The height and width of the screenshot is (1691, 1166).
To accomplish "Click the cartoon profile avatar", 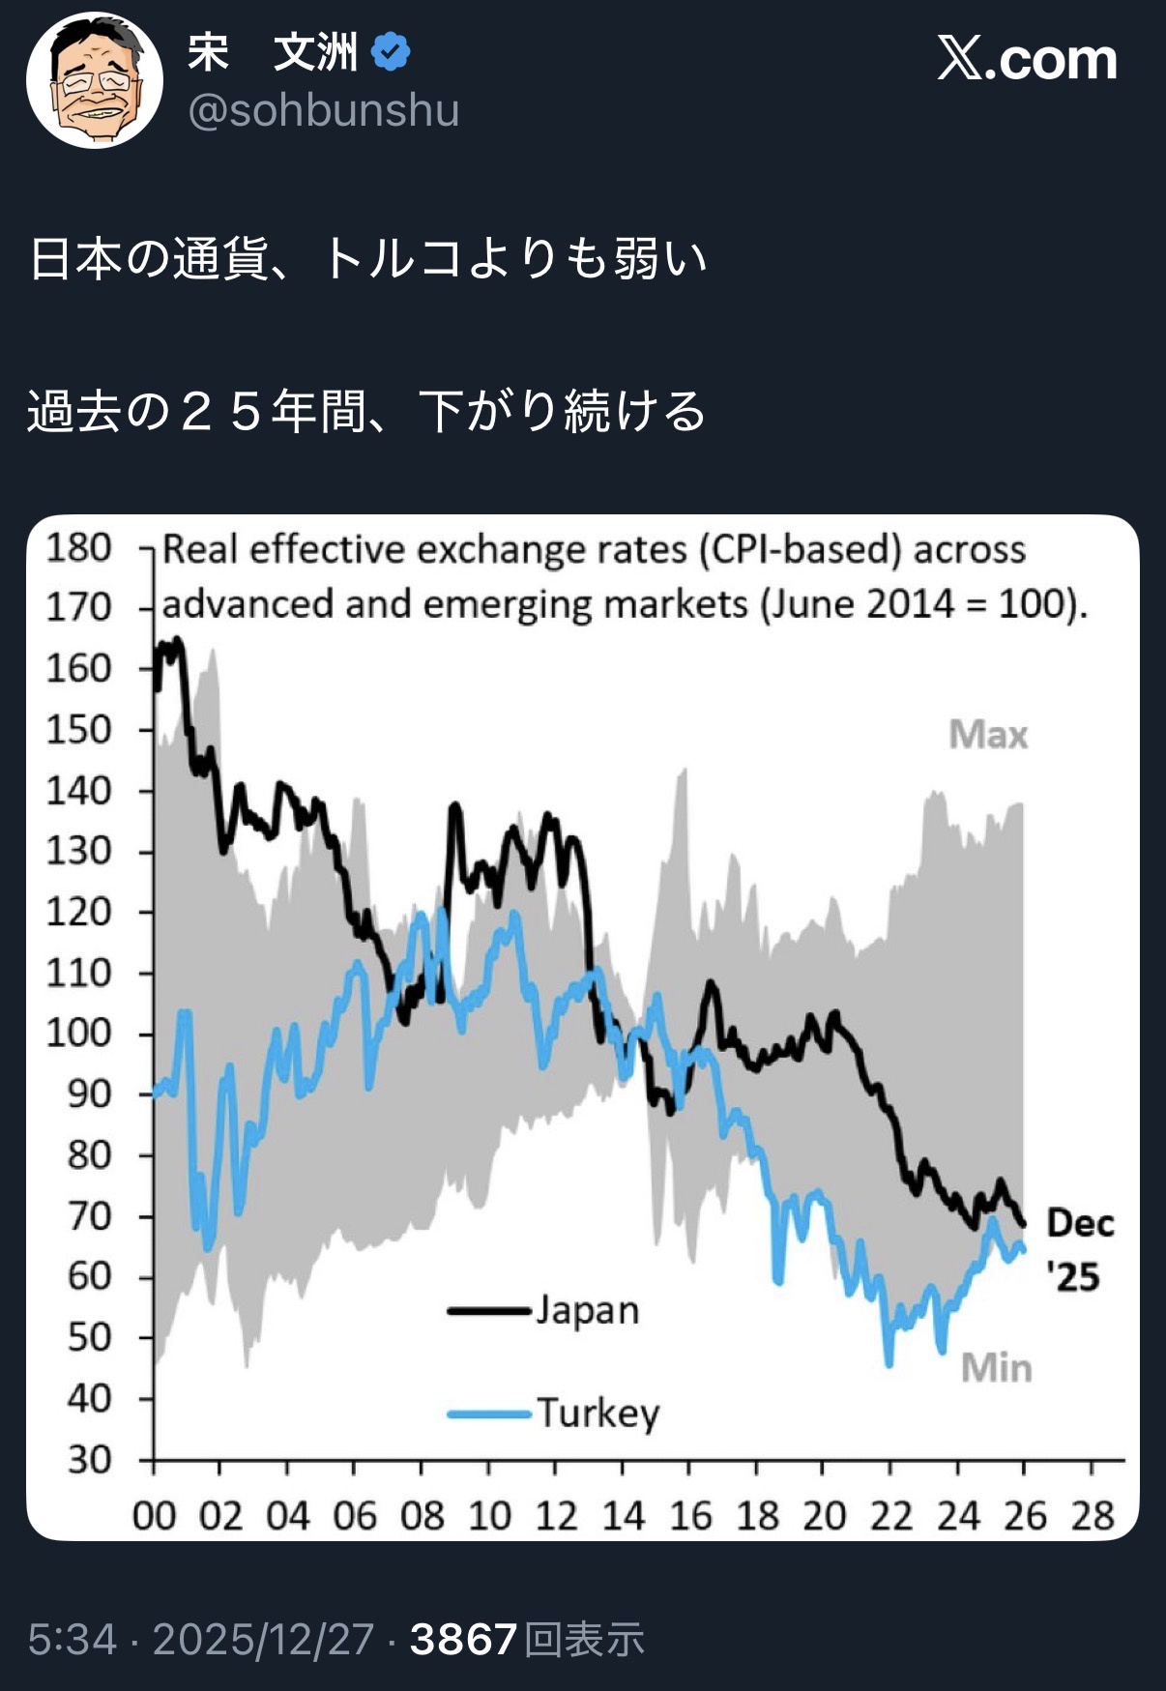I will tap(94, 80).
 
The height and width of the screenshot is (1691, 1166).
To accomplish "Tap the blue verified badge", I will tap(391, 51).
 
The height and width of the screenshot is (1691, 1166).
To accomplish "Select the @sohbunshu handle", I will tap(324, 110).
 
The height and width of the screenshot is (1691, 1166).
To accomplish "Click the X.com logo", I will tap(1027, 59).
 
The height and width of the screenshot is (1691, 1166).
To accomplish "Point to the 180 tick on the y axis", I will tap(79, 548).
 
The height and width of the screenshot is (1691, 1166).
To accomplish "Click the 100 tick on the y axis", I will tap(79, 1034).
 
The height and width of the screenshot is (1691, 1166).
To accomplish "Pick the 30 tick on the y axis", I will tap(90, 1459).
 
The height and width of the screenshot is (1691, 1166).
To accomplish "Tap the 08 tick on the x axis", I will tap(423, 1516).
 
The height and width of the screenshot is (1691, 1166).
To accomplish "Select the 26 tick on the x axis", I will tap(1025, 1516).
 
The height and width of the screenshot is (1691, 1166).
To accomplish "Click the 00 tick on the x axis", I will tap(155, 1516).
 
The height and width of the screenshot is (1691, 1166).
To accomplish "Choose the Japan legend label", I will tap(588, 1311).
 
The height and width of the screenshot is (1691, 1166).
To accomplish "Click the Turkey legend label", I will tap(598, 1414).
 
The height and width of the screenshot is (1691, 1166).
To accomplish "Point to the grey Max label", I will tap(988, 735).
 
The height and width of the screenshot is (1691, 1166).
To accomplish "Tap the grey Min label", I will tap(996, 1368).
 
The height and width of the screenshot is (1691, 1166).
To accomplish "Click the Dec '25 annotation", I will tap(1078, 1249).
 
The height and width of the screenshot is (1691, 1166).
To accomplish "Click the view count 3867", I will tap(463, 1640).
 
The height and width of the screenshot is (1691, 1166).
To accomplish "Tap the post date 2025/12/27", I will tap(263, 1640).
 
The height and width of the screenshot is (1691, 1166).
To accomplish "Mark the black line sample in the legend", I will tap(489, 1312).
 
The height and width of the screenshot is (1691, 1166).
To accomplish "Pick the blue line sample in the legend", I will tap(489, 1414).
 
